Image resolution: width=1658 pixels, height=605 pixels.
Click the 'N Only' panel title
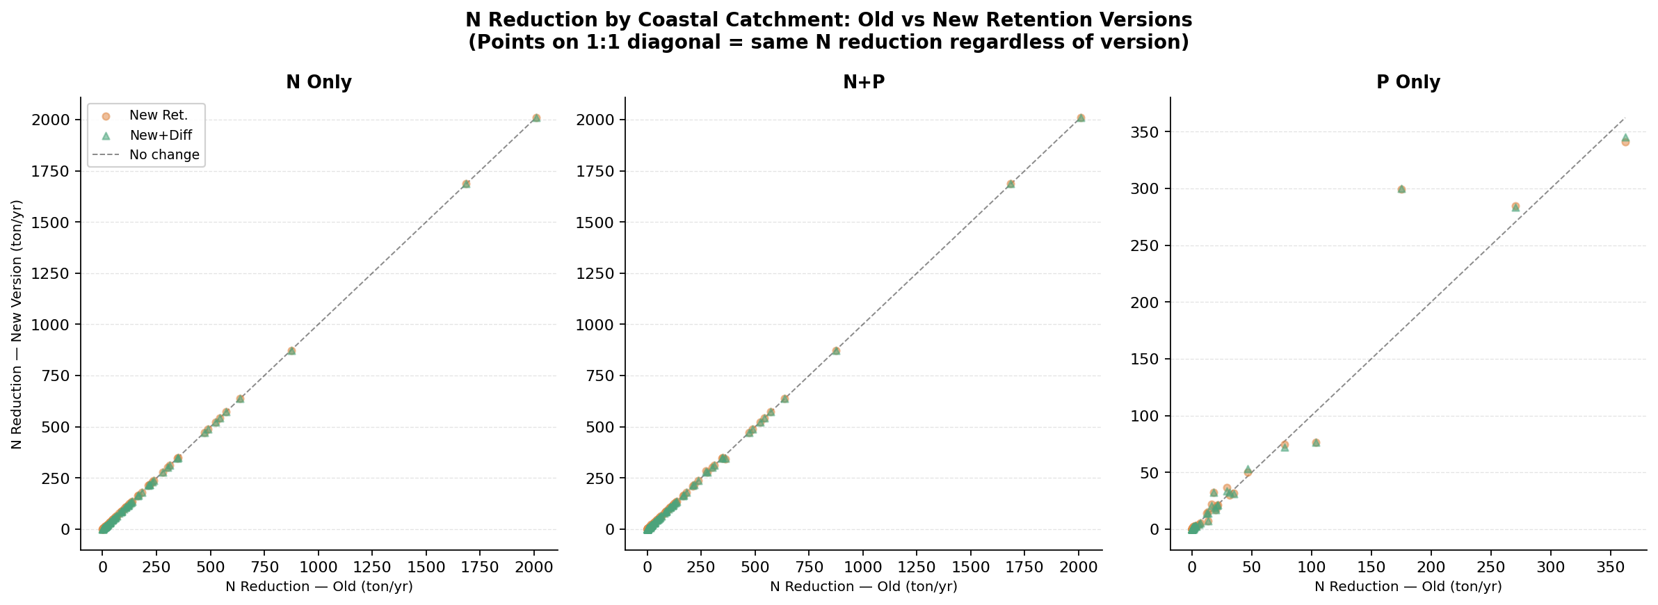(319, 83)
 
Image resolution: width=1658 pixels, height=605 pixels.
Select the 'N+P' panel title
(863, 83)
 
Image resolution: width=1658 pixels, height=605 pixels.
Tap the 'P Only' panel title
(1408, 83)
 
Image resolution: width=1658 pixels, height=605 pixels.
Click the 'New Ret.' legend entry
(158, 115)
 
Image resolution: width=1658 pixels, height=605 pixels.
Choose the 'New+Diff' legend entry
(160, 136)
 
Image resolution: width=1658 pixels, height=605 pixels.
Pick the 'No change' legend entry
(164, 155)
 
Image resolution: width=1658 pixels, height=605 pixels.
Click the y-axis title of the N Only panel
(17, 324)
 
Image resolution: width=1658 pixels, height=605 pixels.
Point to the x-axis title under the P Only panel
(1408, 587)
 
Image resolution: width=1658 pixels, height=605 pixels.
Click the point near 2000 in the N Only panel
(536, 118)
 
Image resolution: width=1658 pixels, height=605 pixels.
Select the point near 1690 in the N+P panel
(1011, 184)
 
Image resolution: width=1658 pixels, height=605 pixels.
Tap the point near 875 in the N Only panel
(291, 351)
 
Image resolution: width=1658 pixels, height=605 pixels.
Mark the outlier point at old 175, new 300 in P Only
(1401, 189)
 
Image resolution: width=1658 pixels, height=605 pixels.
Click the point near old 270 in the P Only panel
(1515, 207)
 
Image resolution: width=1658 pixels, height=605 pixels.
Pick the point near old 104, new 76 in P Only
(1316, 443)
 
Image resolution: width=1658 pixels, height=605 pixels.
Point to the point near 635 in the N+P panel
(784, 399)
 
